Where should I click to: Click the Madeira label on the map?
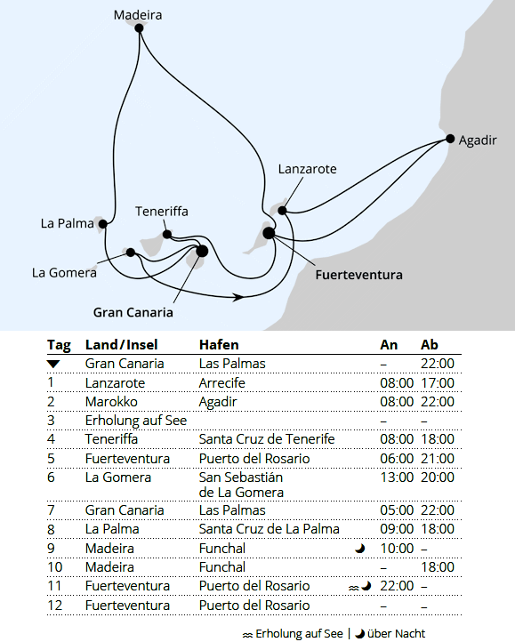(x=138, y=14)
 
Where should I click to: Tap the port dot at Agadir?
(x=450, y=139)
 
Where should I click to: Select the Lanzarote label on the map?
(x=307, y=169)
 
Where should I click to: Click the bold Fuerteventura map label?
(x=358, y=275)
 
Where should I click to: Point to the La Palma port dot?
(x=104, y=223)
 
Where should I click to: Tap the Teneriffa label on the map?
(x=162, y=212)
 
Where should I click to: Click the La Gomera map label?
(x=64, y=273)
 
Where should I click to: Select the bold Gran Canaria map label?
(x=133, y=312)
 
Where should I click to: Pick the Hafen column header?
(x=219, y=345)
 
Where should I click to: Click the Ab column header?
(x=429, y=345)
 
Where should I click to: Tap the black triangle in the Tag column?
(x=53, y=364)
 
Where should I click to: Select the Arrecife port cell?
(x=221, y=382)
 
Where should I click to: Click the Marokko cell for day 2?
(x=110, y=401)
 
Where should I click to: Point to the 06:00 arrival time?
(x=396, y=459)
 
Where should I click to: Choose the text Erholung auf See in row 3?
(x=135, y=420)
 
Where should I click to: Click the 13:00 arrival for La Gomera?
(x=396, y=477)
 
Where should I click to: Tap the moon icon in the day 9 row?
(x=359, y=549)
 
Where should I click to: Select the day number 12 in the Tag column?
(x=53, y=606)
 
